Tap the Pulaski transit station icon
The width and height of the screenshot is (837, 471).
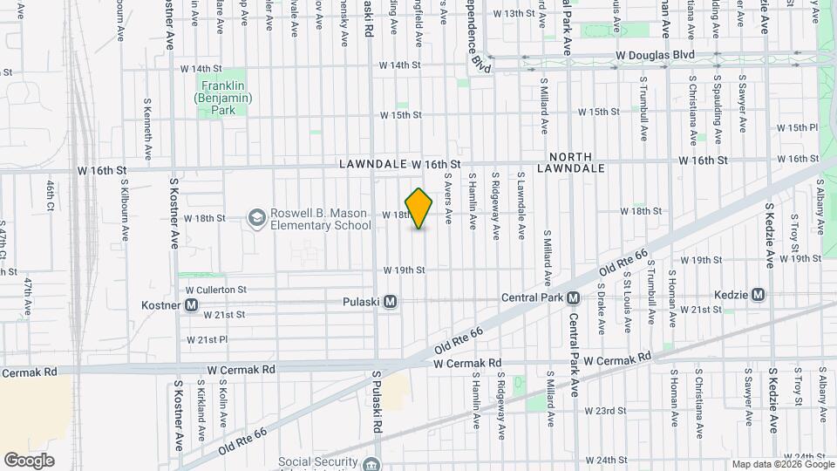point(391,301)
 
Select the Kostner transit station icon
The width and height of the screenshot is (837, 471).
point(191,305)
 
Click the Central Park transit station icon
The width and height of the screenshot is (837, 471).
point(574,297)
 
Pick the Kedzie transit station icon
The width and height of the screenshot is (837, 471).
point(758,294)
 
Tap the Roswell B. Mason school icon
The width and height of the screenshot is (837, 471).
point(257,216)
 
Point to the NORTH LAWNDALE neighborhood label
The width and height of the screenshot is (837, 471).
point(571,161)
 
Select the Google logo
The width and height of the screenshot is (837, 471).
point(29,461)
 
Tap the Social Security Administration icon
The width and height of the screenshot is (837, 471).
point(373,463)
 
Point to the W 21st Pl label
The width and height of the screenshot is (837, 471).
point(207,339)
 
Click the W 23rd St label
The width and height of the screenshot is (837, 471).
point(605,410)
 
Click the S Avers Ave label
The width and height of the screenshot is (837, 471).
point(448,201)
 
